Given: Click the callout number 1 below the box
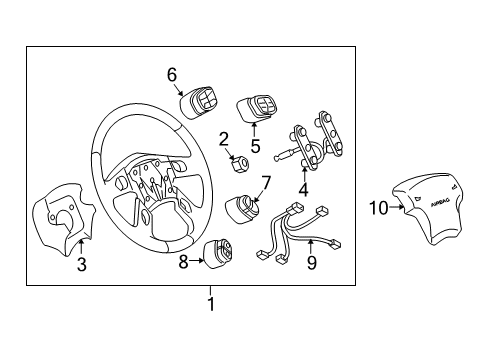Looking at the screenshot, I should coord(210,301).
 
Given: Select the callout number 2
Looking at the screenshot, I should coord(224,139).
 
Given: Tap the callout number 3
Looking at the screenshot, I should coord(81,264).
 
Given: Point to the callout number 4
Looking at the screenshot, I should coord(304,185).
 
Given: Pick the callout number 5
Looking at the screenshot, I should coord(255,145).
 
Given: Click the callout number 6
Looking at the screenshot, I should coord(171,73).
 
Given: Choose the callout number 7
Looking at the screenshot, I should coord(267,182).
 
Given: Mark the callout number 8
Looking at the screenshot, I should coord(183,261).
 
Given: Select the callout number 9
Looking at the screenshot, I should coord(310,264).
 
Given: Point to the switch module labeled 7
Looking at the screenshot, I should coord(245,209).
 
